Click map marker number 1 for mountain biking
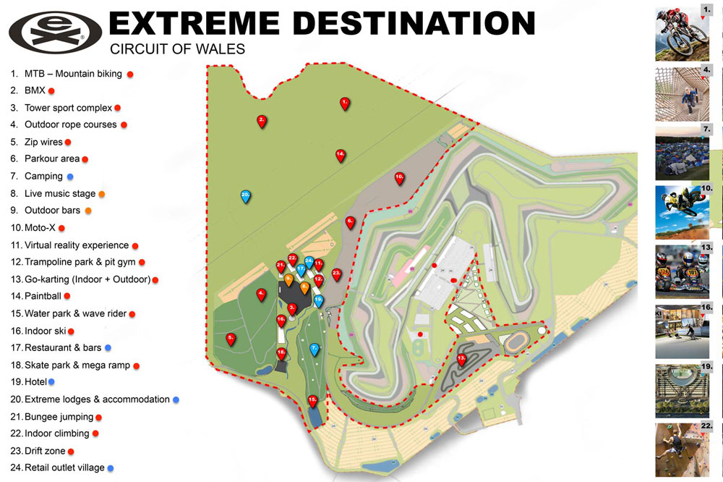(345, 103)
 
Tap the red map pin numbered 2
(262, 121)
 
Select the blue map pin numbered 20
(246, 195)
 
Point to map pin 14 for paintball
(340, 154)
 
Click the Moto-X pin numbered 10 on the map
(399, 177)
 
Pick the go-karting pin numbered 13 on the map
(462, 358)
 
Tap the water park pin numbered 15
(313, 399)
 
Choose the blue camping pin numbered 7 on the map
(314, 349)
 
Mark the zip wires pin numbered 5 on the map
(231, 338)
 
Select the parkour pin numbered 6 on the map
(350, 222)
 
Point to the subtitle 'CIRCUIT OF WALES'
(176, 50)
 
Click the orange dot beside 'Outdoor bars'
(88, 211)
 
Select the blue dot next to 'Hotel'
(51, 381)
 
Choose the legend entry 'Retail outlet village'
(64, 468)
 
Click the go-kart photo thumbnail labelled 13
(684, 271)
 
